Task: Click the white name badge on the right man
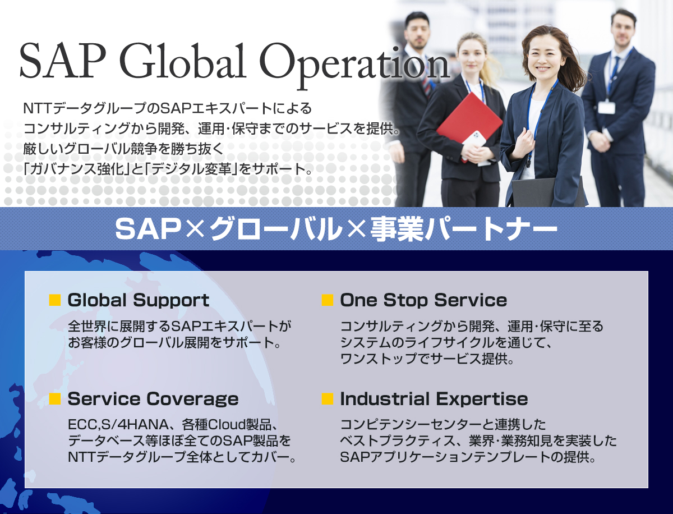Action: [x=606, y=107]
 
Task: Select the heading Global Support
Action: [x=139, y=300]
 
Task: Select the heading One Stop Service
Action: [x=423, y=300]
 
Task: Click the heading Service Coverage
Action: [x=153, y=399]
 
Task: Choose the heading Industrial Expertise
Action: [x=434, y=399]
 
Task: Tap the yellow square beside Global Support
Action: [x=55, y=300]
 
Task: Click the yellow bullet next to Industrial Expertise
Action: [x=328, y=399]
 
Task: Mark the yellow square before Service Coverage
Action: [x=55, y=399]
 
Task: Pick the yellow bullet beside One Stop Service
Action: [x=328, y=300]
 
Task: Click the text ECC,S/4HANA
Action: [x=118, y=425]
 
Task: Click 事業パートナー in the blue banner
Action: [x=464, y=229]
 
